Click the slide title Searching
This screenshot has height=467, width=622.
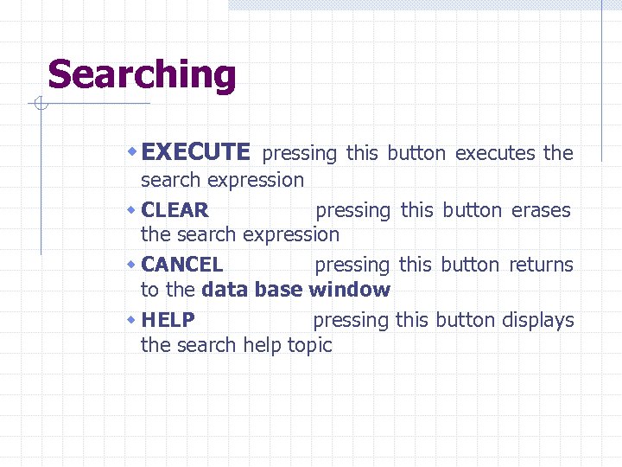click(x=142, y=74)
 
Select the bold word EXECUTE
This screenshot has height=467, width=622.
click(x=195, y=153)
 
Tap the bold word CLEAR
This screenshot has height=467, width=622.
click(x=175, y=210)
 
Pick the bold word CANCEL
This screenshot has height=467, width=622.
click(x=181, y=265)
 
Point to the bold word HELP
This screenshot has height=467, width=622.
click(x=168, y=320)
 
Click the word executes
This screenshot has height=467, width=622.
click(x=495, y=154)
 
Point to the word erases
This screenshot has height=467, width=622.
click(x=541, y=210)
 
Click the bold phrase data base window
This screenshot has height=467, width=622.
click(x=295, y=290)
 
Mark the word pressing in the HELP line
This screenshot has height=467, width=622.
click(x=351, y=321)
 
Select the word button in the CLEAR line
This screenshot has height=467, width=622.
click(x=472, y=210)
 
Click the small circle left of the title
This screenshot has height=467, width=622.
click(x=40, y=106)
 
